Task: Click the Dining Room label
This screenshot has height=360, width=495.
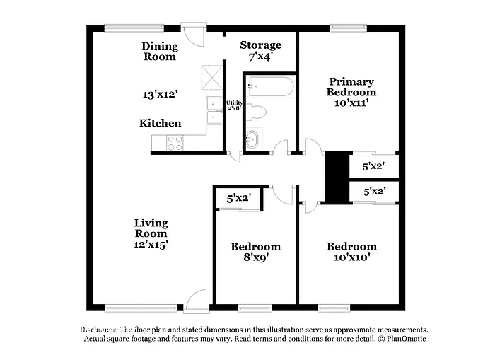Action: click(x=160, y=52)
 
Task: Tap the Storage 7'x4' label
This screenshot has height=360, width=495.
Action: click(x=260, y=50)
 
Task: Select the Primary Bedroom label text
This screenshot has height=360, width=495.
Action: click(x=351, y=87)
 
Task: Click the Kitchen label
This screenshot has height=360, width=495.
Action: click(x=160, y=123)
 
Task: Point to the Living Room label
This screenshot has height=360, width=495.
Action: click(x=151, y=233)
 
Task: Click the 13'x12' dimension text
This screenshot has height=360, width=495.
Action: click(x=159, y=93)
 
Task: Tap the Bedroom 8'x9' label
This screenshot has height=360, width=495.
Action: click(x=255, y=252)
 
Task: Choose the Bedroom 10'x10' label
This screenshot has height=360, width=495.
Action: click(x=351, y=252)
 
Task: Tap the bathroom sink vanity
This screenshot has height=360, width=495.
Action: click(x=253, y=139)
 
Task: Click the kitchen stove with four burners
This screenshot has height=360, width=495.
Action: click(x=174, y=143)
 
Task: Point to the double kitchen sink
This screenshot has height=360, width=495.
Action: click(x=213, y=112)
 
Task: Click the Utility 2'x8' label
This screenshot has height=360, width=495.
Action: click(x=234, y=105)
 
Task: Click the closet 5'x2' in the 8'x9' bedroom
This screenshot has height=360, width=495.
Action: click(x=238, y=199)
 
